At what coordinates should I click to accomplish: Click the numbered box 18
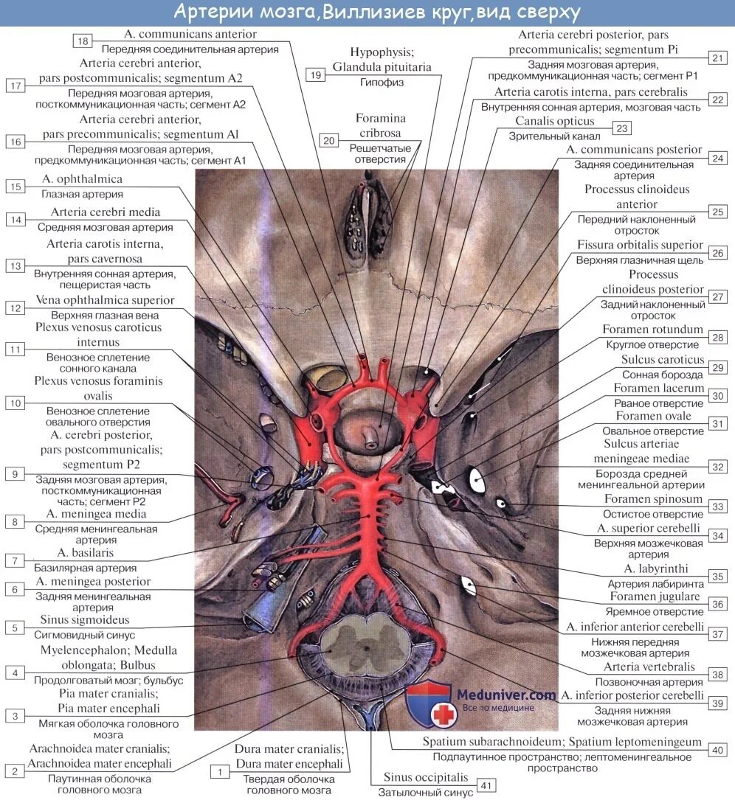point(83,41)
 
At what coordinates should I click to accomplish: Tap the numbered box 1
point(219,771)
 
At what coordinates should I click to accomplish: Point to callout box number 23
point(622,128)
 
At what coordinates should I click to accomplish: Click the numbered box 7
point(15,560)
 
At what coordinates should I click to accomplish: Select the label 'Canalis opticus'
point(554,121)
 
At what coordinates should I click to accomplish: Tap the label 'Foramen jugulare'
point(655,596)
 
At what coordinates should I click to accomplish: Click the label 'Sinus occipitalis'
point(425,777)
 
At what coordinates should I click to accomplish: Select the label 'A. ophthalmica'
point(82,179)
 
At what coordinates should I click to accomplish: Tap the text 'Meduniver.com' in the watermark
point(505,695)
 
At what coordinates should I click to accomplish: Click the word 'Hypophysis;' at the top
point(382,52)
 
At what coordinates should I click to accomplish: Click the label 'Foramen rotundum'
point(652,330)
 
